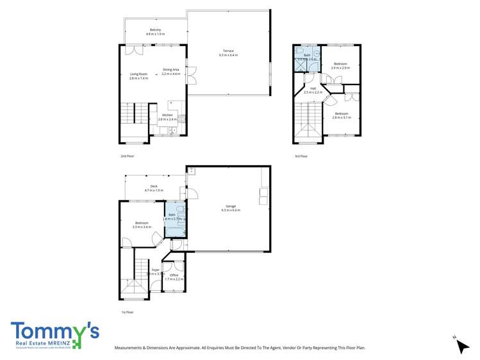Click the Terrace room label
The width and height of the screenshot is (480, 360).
(228, 51)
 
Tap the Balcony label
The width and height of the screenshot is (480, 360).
(155, 30)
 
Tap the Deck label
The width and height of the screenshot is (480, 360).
(154, 186)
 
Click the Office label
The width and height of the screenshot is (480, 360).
(174, 275)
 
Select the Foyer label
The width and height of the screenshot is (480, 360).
(155, 270)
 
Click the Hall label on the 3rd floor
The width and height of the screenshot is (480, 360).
(313, 88)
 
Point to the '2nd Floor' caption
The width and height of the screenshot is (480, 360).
(128, 156)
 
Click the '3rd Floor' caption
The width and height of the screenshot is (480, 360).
(301, 156)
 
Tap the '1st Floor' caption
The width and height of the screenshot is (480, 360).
(128, 312)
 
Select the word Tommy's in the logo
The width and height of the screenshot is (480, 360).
(54, 331)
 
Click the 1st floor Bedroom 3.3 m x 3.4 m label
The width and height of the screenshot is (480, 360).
(142, 223)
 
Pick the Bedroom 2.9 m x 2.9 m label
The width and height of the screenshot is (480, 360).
(340, 64)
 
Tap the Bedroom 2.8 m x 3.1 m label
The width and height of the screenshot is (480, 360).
(340, 113)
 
